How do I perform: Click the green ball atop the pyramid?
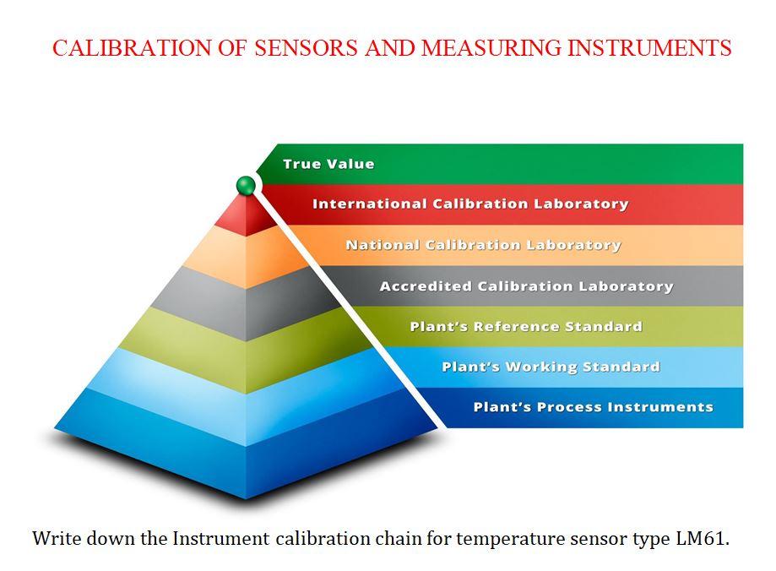point(246,185)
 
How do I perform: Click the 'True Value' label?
point(328,164)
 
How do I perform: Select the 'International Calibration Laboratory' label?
point(470,204)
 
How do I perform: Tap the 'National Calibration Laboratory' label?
point(483,245)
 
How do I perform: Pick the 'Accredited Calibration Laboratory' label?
point(526,286)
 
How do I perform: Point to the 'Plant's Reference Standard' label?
point(526,326)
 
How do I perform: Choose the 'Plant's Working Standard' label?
point(551,367)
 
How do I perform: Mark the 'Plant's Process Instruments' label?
point(593,407)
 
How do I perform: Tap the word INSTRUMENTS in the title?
point(648,48)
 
